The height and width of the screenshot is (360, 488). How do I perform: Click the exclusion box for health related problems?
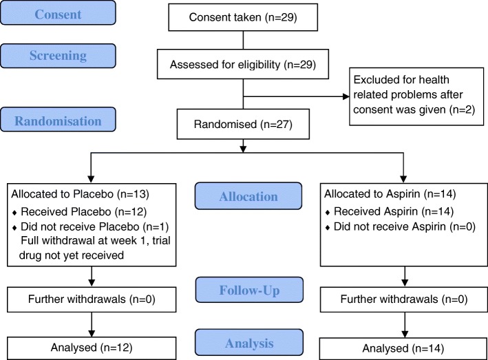pos(413,96)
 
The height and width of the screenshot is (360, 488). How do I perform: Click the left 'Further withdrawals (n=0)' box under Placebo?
pos(91,300)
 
